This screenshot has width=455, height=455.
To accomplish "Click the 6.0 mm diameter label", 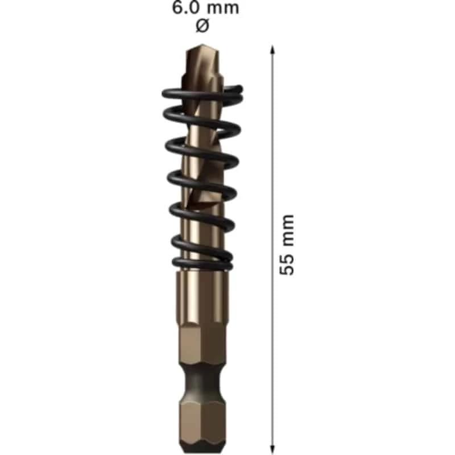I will [206, 9].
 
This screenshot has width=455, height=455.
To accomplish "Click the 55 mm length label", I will [288, 245].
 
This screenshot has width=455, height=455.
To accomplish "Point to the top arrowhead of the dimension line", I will [272, 50].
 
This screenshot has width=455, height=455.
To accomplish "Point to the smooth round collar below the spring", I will [201, 293].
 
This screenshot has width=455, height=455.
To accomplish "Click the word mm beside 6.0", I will [222, 9].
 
